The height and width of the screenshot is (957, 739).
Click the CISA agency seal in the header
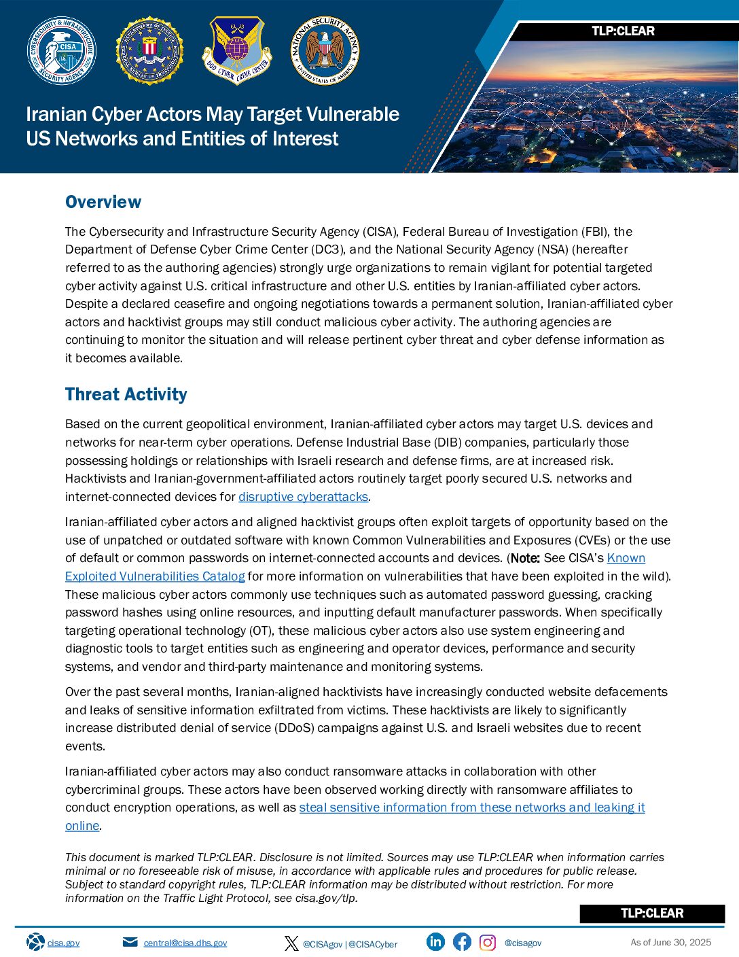pos(61,51)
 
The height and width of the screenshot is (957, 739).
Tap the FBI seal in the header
pos(149,51)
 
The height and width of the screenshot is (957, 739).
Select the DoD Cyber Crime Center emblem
pos(237,51)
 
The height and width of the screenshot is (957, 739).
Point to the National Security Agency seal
pos(325,51)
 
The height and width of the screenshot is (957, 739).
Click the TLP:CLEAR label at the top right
pos(623,31)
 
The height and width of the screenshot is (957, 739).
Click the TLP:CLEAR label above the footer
pos(652,913)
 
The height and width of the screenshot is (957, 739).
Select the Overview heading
pos(103,202)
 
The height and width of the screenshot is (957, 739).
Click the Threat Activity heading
pos(126,394)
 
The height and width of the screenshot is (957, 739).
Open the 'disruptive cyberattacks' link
pos(303,497)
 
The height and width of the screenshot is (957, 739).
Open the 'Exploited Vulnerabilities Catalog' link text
pos(155,576)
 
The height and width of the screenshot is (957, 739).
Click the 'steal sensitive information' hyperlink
pos(472,807)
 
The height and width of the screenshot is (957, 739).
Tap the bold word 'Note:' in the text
pos(525,558)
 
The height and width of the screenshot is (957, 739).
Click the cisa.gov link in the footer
pos(63,943)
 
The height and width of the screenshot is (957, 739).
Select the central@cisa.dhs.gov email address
pos(185,943)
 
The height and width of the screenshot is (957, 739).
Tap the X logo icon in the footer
pos(291,943)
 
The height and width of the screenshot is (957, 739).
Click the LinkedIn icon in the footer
pos(435,941)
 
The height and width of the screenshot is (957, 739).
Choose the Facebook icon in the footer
pos(462,942)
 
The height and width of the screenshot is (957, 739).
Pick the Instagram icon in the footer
pos(488,942)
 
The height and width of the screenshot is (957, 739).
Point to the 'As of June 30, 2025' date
pos(670,942)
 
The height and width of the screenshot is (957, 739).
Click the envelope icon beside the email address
pos(130,942)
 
